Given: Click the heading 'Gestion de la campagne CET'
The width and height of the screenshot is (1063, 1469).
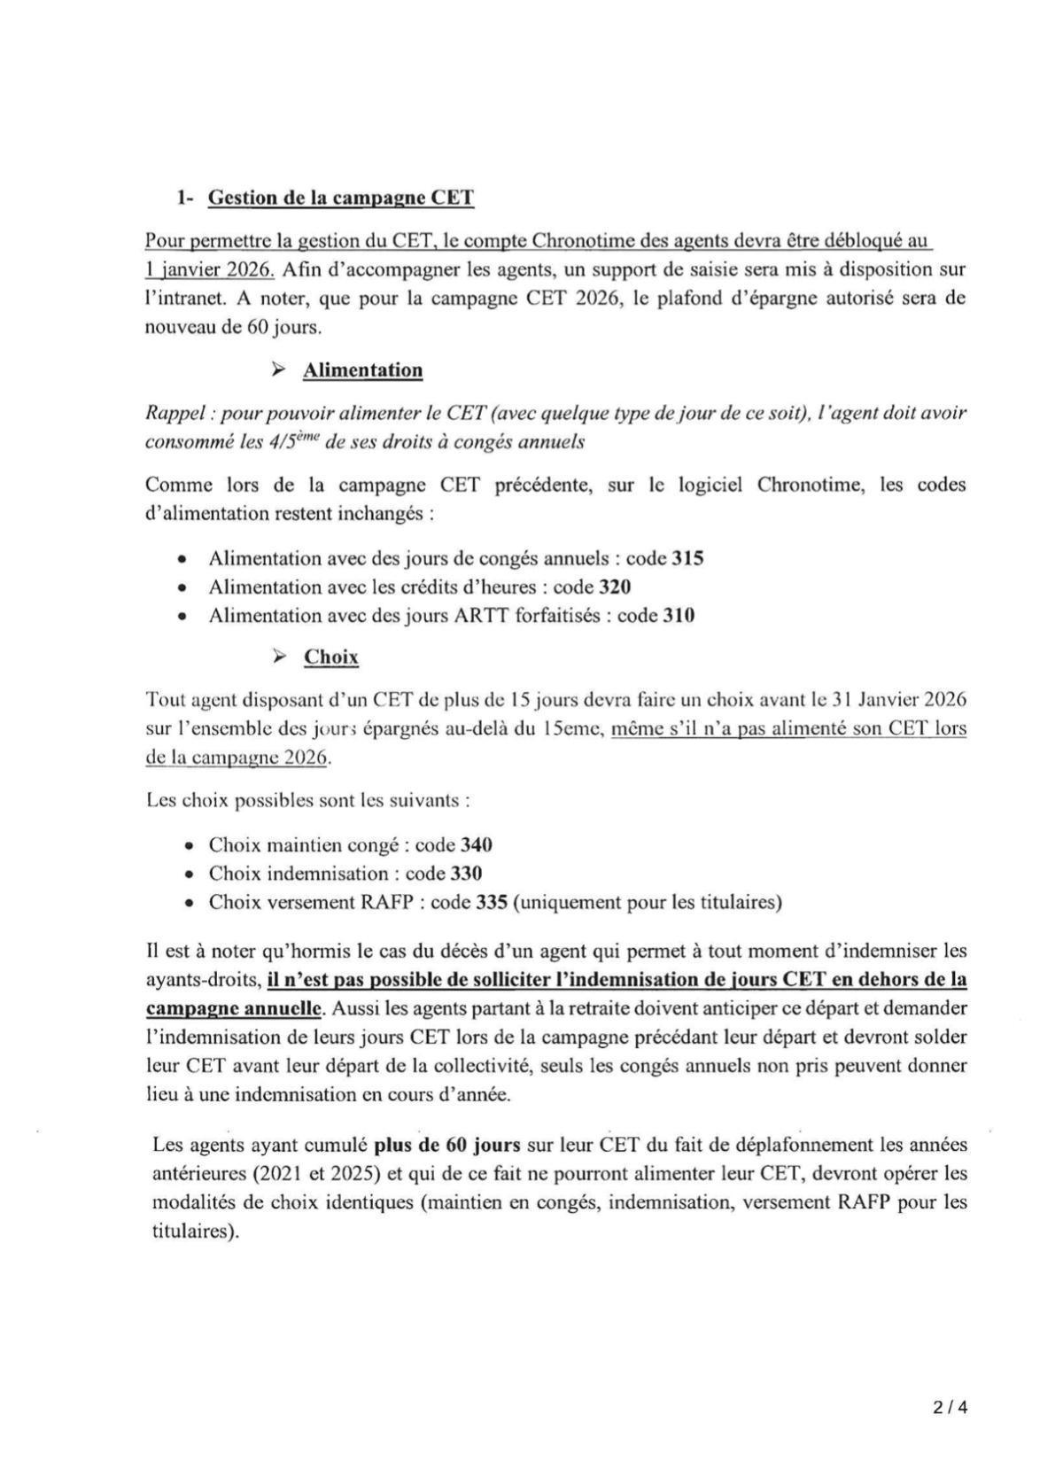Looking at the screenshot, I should click(x=340, y=198).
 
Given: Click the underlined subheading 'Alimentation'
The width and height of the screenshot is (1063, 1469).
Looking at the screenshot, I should click(x=362, y=370).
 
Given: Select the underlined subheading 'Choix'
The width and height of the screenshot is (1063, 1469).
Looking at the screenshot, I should click(x=331, y=657).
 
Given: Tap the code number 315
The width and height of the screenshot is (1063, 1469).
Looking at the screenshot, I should click(x=687, y=559).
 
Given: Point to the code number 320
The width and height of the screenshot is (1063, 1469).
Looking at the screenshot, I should click(x=615, y=587).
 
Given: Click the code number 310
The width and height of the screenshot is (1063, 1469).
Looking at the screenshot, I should click(x=679, y=616).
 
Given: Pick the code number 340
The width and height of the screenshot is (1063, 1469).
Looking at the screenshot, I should click(x=477, y=845).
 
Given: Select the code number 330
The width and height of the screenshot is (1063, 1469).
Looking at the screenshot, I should click(x=466, y=874).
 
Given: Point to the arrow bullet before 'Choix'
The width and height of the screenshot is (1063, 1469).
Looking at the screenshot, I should click(x=279, y=657).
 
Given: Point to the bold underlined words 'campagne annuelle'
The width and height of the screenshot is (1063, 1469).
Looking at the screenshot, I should click(x=234, y=1008).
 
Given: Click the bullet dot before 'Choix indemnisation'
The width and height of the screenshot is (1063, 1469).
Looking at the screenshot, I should click(x=189, y=874).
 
